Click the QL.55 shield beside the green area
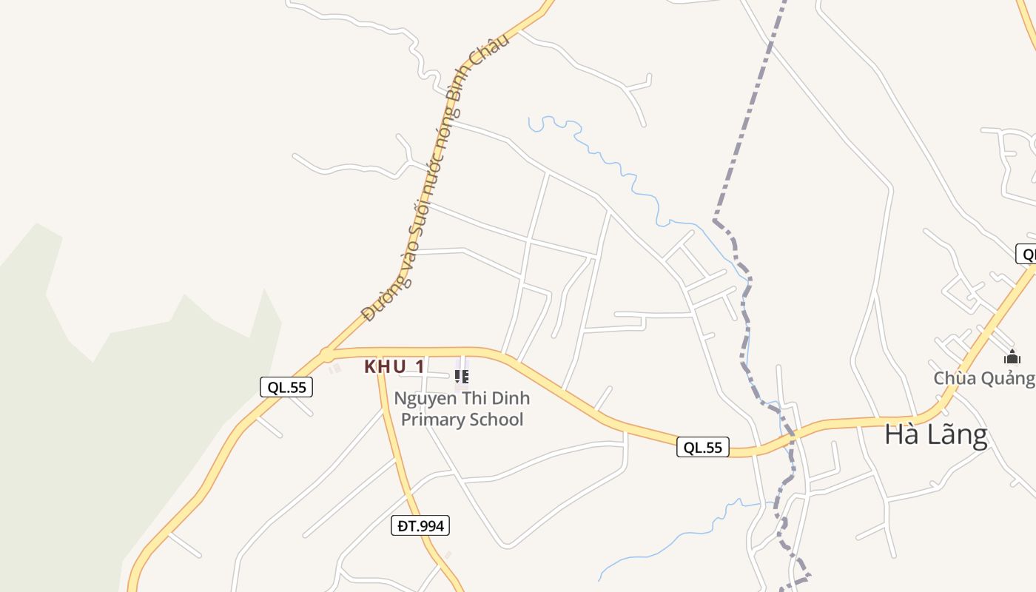click(x=286, y=386)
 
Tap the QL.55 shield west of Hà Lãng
click(x=702, y=447)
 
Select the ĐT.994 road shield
click(x=420, y=525)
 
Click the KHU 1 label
click(x=394, y=366)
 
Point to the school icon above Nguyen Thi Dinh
click(x=462, y=377)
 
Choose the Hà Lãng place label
click(x=935, y=434)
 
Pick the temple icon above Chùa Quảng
click(x=1012, y=357)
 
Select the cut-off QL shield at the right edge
click(x=1026, y=254)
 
